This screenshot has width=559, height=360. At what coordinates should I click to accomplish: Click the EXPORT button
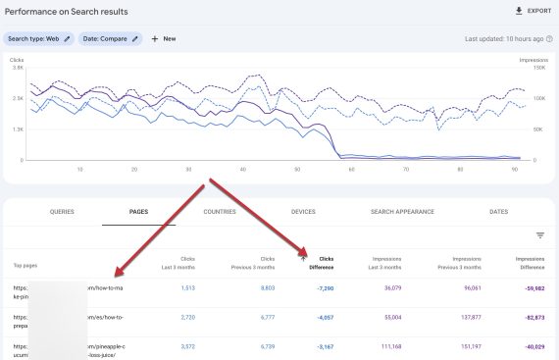pos(534,11)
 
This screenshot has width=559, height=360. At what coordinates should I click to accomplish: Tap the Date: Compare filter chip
pos(109,38)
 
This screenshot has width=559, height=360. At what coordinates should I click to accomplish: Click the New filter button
pos(163,38)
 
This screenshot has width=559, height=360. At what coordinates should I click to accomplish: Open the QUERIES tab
pos(62,211)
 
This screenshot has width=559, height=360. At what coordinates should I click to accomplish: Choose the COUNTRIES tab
pos(219,211)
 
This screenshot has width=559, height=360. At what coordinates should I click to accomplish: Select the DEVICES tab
pos(303,211)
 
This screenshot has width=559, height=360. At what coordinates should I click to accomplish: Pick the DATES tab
pos(498,211)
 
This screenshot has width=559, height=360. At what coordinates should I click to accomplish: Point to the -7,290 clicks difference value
pos(326,288)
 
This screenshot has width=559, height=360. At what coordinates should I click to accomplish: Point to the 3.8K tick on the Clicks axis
pos(17,68)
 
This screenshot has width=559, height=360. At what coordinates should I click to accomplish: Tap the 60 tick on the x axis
pos(350,169)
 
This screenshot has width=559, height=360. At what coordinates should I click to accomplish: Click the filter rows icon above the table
pos(539,235)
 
